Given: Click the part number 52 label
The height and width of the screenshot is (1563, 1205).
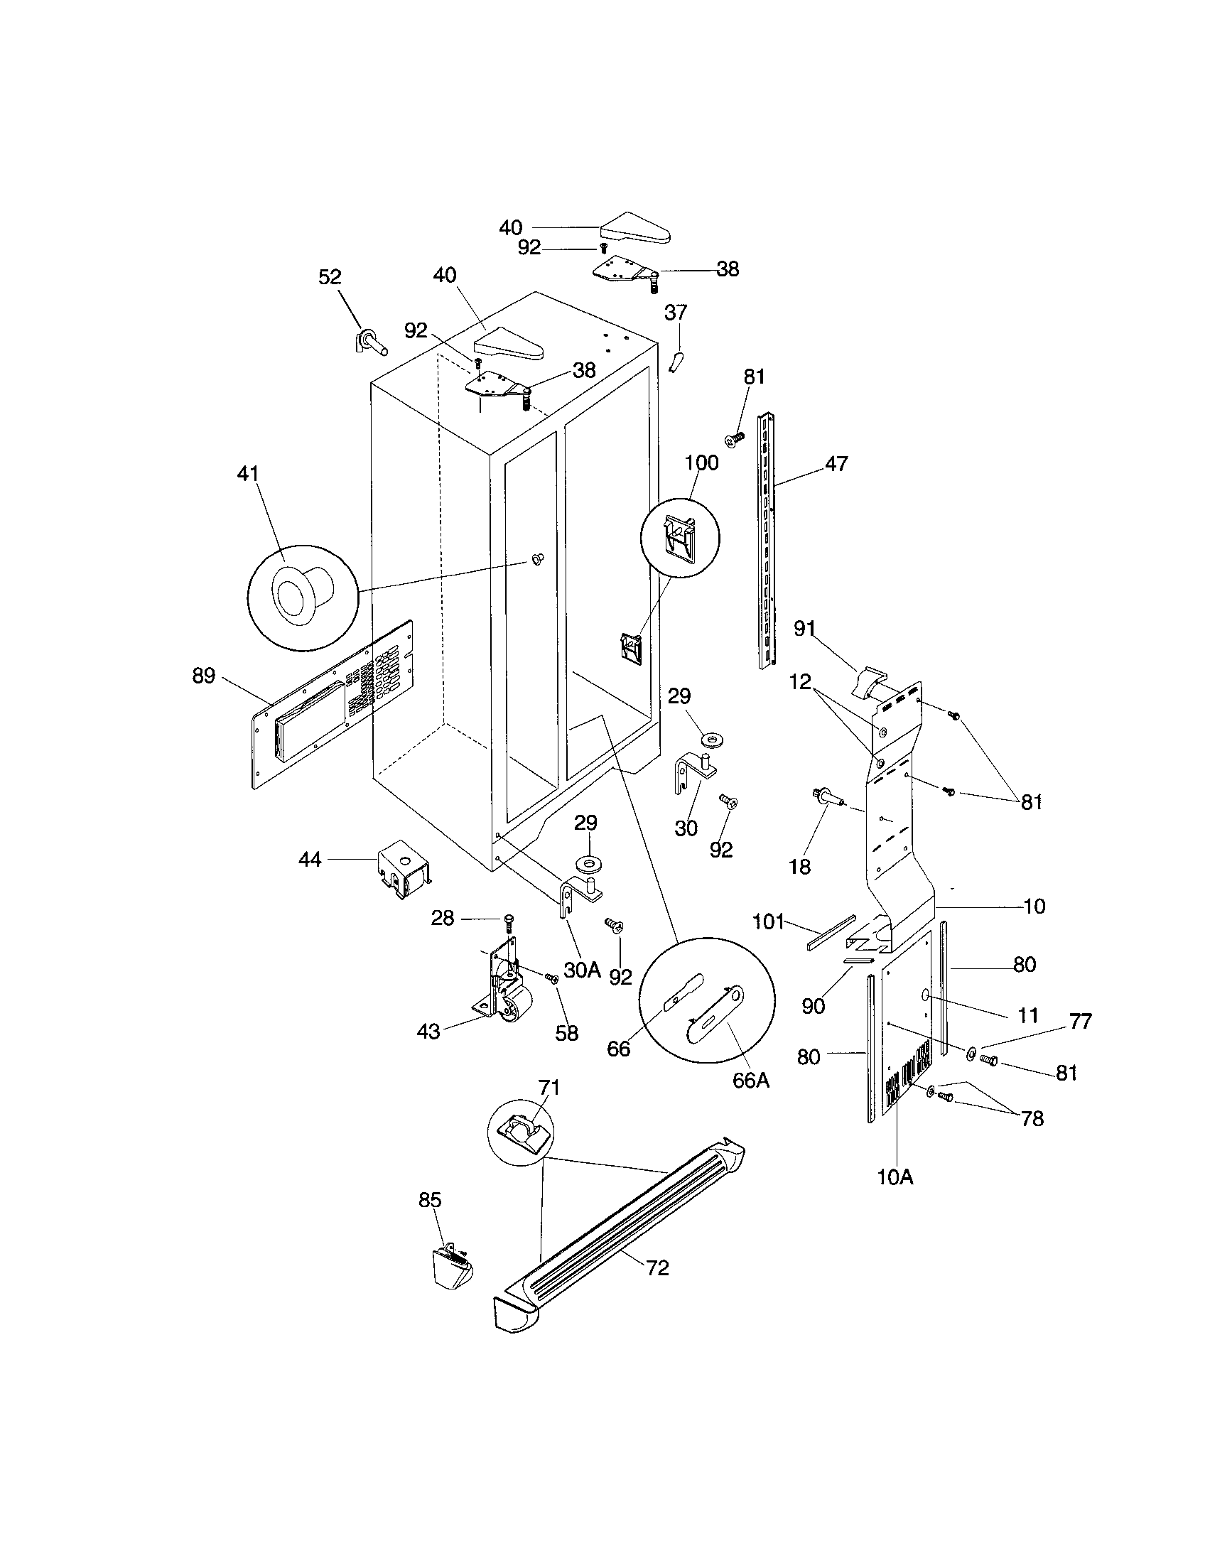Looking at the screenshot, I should click(x=330, y=277).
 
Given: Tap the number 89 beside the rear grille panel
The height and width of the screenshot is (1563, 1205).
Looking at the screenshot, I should click(x=204, y=676).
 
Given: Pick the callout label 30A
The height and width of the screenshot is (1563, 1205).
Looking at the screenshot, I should click(x=582, y=970).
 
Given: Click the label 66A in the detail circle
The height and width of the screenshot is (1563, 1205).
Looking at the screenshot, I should click(x=750, y=1081).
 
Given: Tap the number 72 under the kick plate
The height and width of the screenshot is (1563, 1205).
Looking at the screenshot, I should click(x=658, y=1267).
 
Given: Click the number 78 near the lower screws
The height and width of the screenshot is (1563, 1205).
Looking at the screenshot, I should click(x=1032, y=1118).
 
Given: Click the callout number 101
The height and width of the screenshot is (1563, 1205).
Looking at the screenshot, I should click(x=769, y=921).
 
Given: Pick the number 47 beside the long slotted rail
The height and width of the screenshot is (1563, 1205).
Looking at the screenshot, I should click(x=836, y=464).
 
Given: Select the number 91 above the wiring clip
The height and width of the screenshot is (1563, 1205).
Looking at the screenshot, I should click(x=804, y=628).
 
